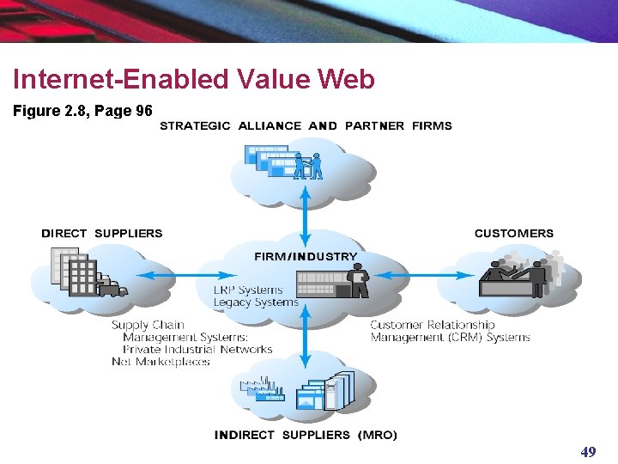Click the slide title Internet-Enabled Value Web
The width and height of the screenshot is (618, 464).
coord(193,80)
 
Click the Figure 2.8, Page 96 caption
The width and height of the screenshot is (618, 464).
coord(82,111)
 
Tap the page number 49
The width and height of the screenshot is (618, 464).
coord(588,452)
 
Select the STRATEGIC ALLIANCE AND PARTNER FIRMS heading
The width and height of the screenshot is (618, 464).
coord(306,125)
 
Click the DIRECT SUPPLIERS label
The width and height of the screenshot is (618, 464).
coord(101,233)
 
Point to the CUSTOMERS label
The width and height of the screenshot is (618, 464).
coord(513,233)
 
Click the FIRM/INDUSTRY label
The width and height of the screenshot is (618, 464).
coord(305,256)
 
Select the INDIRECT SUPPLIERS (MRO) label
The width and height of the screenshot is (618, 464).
coord(306,435)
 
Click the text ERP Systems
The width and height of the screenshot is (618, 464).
coord(247,290)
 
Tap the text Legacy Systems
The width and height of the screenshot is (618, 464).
coord(255,302)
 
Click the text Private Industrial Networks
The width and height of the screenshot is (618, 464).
coord(197,350)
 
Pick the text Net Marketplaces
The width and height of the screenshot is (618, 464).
coord(161,362)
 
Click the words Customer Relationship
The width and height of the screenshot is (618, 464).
coord(432,325)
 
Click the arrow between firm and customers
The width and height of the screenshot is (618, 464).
coord(426,276)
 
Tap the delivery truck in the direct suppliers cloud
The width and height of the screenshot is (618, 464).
coord(112,287)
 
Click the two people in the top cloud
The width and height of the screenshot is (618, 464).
coord(308,165)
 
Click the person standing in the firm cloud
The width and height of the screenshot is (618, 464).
coord(359,281)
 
